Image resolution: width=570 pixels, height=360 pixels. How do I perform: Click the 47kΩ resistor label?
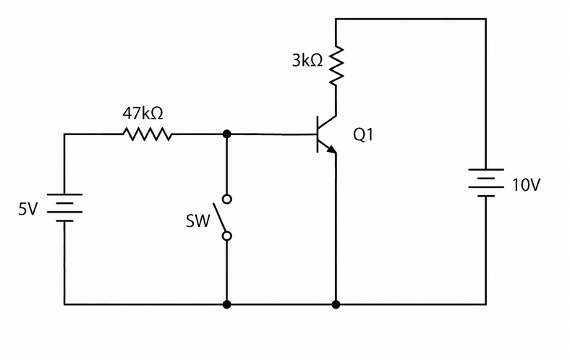[x=142, y=113]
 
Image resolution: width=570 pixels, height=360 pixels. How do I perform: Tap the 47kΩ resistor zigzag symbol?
[x=148, y=134]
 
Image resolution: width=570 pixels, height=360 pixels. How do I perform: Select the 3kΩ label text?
[x=307, y=61]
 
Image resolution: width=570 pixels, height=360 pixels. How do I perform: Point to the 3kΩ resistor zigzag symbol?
[x=336, y=66]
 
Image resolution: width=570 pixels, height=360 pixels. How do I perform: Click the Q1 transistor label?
[x=363, y=134]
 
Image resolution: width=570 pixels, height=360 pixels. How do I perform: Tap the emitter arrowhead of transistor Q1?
[x=331, y=149]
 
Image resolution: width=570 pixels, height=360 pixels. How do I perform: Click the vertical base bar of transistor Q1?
[x=318, y=134]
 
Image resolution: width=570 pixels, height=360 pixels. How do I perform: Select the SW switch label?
[x=198, y=221]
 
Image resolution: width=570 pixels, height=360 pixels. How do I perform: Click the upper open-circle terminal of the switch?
[x=227, y=199]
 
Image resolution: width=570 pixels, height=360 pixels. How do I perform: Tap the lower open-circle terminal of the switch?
[x=227, y=236]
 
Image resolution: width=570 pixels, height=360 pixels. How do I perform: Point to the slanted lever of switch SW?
[x=219, y=218]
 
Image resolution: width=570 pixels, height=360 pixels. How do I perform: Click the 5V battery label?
[x=27, y=209]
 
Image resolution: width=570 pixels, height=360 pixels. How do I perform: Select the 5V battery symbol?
[x=64, y=207]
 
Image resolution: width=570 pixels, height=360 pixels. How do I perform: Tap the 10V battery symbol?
[x=486, y=183]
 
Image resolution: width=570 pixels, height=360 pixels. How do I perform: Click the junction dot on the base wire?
[x=227, y=134]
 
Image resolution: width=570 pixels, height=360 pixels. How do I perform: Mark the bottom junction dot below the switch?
[x=227, y=304]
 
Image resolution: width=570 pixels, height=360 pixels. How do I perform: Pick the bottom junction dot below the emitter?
[x=336, y=304]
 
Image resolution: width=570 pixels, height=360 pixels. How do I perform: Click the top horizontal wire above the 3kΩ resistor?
[x=411, y=19]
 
